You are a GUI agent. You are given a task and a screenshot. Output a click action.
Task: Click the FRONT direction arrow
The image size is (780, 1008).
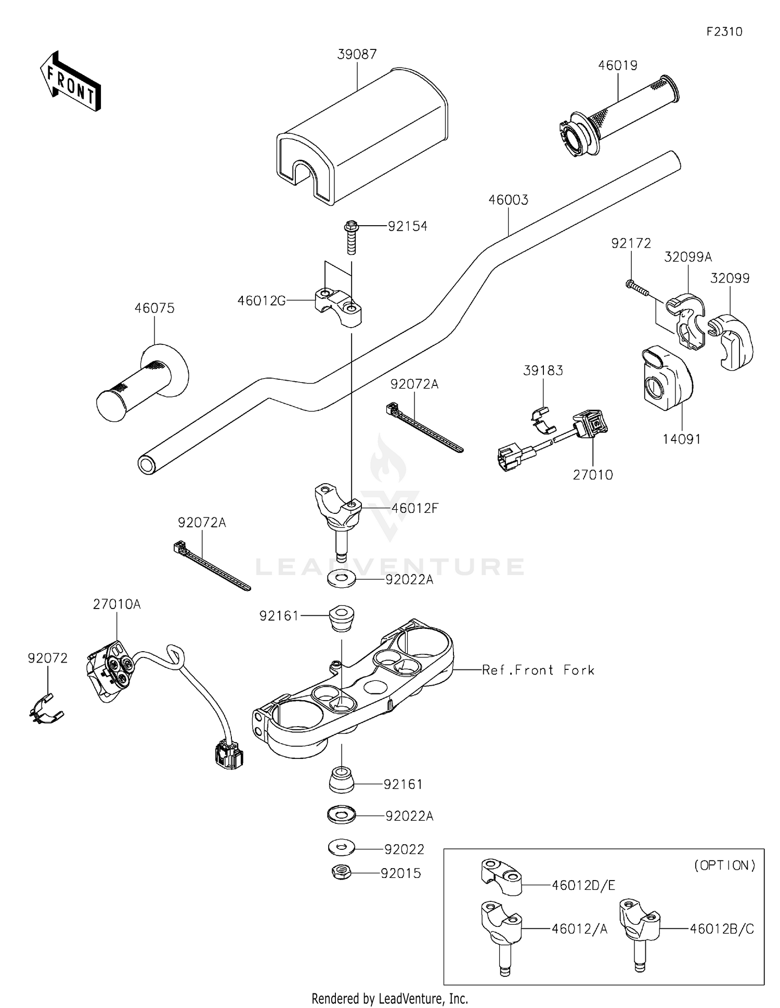coord(70,82)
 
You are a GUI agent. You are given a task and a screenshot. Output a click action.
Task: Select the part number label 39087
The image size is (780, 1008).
coord(357,54)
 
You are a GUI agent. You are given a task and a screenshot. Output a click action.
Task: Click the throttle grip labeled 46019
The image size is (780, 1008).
coord(619,117)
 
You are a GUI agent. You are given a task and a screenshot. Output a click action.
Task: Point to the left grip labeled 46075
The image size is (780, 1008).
coord(142,384)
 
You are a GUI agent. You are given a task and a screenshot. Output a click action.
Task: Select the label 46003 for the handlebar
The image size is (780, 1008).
coord(508,200)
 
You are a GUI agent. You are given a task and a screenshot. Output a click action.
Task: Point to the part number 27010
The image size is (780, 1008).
coord(593,475)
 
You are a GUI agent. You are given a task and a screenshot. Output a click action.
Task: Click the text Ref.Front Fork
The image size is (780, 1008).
coord(538,670)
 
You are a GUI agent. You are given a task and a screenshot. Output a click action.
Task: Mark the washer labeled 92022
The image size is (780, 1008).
coord(341,848)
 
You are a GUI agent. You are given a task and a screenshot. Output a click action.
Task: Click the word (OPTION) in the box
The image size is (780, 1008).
coord(724,865)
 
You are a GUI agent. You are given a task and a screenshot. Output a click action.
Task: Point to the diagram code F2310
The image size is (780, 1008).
coord(724,32)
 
